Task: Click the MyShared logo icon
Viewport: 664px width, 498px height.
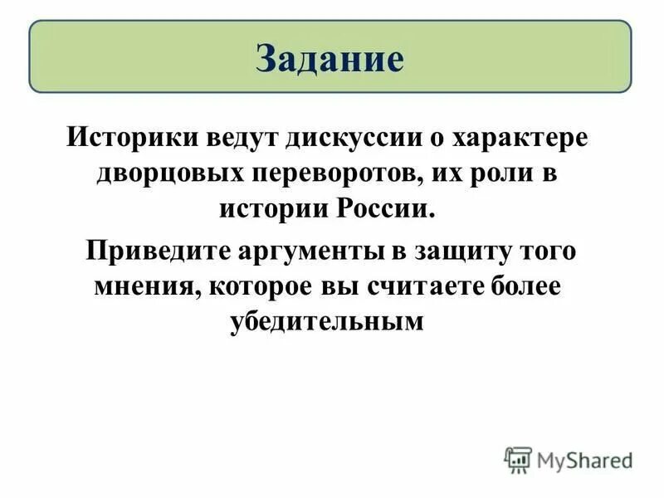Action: tap(518, 459)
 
